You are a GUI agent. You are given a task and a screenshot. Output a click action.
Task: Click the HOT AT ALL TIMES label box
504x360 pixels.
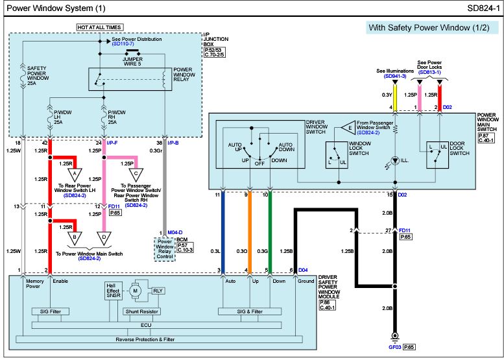point(100,28)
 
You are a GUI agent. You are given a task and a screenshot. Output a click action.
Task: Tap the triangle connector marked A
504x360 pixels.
point(75,174)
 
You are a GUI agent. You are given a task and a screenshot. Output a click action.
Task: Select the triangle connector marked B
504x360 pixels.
point(75,238)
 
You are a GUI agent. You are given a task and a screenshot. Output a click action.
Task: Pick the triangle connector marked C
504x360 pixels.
point(136,174)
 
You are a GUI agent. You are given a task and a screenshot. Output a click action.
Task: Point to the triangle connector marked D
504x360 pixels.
point(104,238)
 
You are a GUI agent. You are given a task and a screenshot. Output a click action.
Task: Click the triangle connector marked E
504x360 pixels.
point(348,128)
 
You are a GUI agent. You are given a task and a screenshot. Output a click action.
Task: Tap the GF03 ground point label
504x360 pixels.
point(395,347)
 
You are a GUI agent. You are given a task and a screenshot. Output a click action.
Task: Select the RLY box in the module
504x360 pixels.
point(158,291)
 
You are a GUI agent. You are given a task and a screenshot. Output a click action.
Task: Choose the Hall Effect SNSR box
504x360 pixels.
point(113,291)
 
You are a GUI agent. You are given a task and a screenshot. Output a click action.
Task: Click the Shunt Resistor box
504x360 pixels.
point(141,311)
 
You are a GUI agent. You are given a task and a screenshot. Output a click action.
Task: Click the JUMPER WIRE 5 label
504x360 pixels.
point(132,62)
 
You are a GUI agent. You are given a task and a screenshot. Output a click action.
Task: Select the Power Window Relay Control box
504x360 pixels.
point(165,249)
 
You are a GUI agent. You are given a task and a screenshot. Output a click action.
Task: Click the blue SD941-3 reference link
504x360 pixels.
point(395,76)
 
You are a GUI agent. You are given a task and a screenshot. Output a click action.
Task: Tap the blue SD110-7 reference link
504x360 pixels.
point(123,43)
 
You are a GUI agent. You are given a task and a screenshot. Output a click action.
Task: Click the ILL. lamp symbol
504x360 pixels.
point(395,160)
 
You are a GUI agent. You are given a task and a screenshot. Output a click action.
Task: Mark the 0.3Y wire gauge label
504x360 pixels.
point(387,95)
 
